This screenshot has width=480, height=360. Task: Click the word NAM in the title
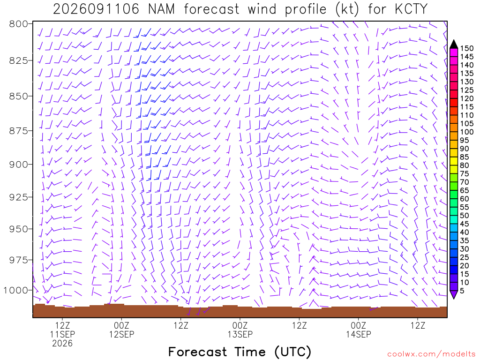(x=161, y=9)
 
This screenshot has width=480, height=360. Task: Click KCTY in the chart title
(x=411, y=9)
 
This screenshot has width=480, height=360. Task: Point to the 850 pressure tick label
(x=18, y=96)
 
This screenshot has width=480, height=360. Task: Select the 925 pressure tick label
(x=18, y=197)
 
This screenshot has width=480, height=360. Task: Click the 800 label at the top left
(x=18, y=24)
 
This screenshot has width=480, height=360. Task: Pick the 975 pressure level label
(x=18, y=260)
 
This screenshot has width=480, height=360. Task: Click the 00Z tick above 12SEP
(x=121, y=325)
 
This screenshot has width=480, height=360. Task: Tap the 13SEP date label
(x=240, y=334)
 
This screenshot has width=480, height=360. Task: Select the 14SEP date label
(x=359, y=334)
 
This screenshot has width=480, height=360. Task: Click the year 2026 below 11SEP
(x=62, y=343)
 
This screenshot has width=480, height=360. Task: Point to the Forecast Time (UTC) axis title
(x=240, y=352)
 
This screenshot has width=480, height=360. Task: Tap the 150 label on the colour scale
(x=467, y=48)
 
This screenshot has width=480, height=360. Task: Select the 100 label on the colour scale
(x=467, y=132)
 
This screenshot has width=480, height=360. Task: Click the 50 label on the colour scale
(x=465, y=216)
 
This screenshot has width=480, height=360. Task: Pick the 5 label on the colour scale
(x=462, y=291)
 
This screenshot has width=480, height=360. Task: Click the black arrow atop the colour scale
(x=454, y=45)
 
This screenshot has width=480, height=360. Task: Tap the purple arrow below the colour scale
(x=454, y=294)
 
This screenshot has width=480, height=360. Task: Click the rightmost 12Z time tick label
(x=418, y=325)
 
